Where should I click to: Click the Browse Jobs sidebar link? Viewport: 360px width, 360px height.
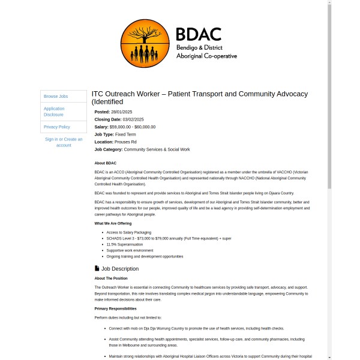click(x=56, y=96)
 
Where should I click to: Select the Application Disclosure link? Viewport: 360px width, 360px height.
click(x=54, y=112)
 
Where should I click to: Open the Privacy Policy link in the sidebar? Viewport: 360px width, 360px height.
click(x=57, y=127)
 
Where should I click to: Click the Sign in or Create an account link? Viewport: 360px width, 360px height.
click(x=64, y=142)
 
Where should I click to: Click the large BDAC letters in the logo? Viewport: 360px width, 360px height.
click(x=199, y=34)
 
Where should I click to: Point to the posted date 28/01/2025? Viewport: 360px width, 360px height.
click(x=122, y=112)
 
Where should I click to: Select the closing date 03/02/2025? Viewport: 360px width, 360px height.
click(x=133, y=119)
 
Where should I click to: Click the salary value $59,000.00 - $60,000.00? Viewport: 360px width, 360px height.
click(x=132, y=127)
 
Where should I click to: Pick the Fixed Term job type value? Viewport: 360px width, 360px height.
click(x=125, y=134)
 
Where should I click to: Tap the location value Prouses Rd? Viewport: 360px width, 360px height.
click(x=125, y=142)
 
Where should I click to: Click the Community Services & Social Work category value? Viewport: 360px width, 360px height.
click(x=157, y=149)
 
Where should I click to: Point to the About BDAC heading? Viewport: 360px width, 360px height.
click(x=106, y=163)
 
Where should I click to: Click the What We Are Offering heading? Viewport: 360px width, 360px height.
click(x=113, y=223)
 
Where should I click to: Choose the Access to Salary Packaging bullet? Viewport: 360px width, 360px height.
click(x=128, y=232)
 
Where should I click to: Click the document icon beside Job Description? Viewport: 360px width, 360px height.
click(x=97, y=268)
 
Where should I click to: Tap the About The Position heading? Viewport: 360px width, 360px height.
click(x=111, y=278)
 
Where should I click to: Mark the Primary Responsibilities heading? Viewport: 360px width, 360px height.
click(x=115, y=308)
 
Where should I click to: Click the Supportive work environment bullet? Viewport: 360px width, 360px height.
click(x=130, y=250)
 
